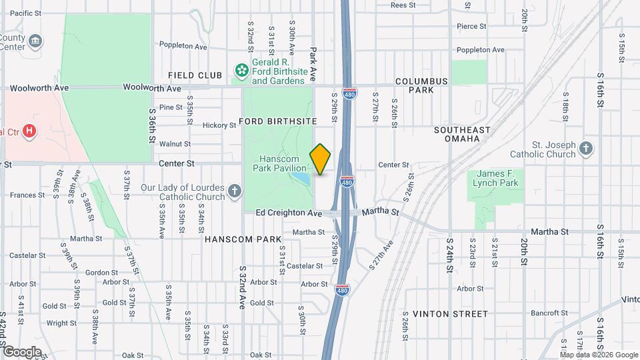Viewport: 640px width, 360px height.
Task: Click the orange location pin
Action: point(321,159)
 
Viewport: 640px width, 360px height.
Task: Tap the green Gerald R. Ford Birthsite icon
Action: point(241,69)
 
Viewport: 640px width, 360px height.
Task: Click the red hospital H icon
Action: point(29,131)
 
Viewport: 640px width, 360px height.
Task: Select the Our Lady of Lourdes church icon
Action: point(234,192)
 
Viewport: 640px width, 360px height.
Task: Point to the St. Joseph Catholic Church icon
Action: point(585,149)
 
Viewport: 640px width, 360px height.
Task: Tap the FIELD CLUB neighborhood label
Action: point(195,75)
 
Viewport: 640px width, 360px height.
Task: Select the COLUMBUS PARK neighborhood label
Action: point(421,85)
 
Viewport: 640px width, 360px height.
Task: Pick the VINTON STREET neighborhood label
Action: point(450,313)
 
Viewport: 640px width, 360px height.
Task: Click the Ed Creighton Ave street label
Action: point(289,213)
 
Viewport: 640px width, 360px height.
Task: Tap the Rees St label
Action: point(403,5)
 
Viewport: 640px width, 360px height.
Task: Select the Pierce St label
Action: point(473,27)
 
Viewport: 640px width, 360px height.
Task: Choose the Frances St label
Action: point(27,195)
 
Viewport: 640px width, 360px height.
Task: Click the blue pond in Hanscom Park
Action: point(301,179)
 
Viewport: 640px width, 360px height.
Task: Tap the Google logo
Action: point(22,351)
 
